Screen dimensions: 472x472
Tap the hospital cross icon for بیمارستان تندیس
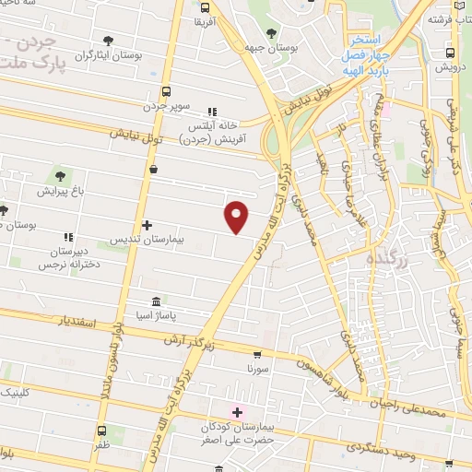pyautogui.click(x=147, y=225)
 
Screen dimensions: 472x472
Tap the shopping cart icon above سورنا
pyautogui.click(x=257, y=354)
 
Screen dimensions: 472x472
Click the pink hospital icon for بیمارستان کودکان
pyautogui.click(x=238, y=411)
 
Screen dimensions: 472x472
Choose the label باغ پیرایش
pyautogui.click(x=60, y=192)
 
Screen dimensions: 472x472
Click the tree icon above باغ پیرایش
pyautogui.click(x=60, y=176)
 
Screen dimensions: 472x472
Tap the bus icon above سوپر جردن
pyautogui.click(x=166, y=91)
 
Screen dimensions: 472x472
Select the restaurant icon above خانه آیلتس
pyautogui.click(x=214, y=111)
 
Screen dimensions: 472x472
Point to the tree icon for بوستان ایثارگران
pyautogui.click(x=108, y=41)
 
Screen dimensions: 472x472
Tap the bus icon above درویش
pyautogui.click(x=450, y=53)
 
